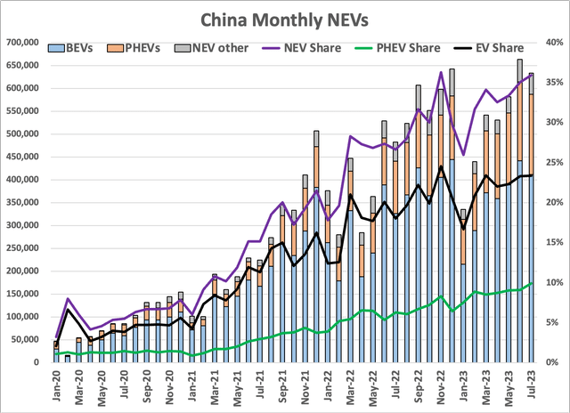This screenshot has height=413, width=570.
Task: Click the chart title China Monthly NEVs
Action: click(x=285, y=18)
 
